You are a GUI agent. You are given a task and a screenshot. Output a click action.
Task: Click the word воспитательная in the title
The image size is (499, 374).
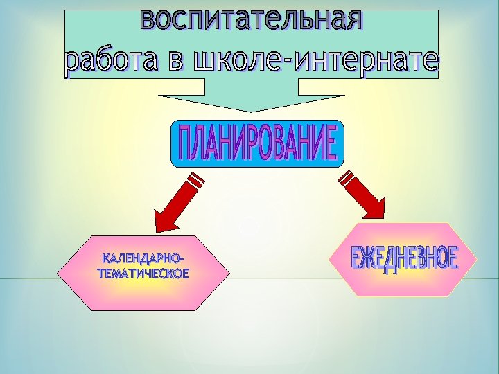click(251, 19)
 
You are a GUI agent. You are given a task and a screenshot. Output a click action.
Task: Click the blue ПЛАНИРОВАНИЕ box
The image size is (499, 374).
click(257, 144)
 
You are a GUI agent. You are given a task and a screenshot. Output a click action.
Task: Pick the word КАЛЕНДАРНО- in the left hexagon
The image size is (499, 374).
click(143, 259)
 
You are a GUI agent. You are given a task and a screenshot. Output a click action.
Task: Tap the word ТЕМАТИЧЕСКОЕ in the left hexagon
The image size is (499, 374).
click(143, 272)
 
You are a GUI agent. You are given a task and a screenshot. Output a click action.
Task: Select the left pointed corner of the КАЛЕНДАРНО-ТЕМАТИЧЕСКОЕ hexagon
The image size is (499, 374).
click(58, 272)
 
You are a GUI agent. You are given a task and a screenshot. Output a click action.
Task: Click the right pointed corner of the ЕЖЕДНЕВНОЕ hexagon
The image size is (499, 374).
click(478, 260)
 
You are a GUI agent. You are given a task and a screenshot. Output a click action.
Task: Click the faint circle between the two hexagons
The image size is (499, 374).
click(249, 226)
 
